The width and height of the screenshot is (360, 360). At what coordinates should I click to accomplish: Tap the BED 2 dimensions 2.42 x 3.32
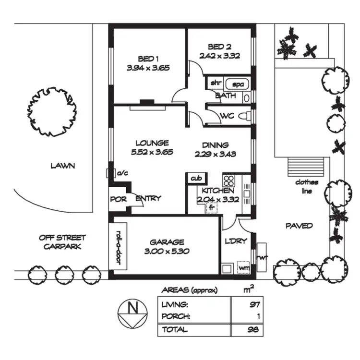pos(219,56)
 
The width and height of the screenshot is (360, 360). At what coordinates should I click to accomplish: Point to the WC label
pos(227,116)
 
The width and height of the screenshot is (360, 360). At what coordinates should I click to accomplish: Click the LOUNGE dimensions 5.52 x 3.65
pos(152,152)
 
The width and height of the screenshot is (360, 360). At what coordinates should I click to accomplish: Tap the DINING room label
pos(215,145)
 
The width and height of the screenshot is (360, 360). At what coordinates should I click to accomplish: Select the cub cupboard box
pos(196,178)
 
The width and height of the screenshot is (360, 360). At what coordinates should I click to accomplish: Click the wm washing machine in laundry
pos(244,267)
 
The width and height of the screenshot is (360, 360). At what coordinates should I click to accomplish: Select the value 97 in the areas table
pos(254,304)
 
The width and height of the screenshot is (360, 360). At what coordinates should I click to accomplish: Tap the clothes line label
pos(304,186)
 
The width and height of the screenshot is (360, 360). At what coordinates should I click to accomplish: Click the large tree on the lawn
pos(52,111)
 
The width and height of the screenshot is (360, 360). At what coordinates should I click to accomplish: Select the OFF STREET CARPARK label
pos(62,242)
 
